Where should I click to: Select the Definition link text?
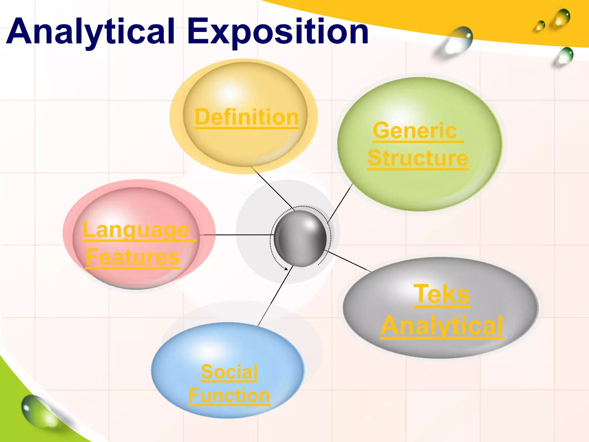[x=247, y=117]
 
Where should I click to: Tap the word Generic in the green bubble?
[x=415, y=131]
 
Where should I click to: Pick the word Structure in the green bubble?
[x=418, y=158]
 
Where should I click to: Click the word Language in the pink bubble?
[x=136, y=230]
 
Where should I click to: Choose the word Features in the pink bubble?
[x=133, y=257]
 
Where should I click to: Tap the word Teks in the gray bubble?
[x=441, y=294]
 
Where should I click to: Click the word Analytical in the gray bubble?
[x=442, y=325]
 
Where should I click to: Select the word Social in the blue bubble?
[x=229, y=371]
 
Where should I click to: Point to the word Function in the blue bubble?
[x=229, y=395]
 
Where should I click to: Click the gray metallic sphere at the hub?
[x=300, y=238]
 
